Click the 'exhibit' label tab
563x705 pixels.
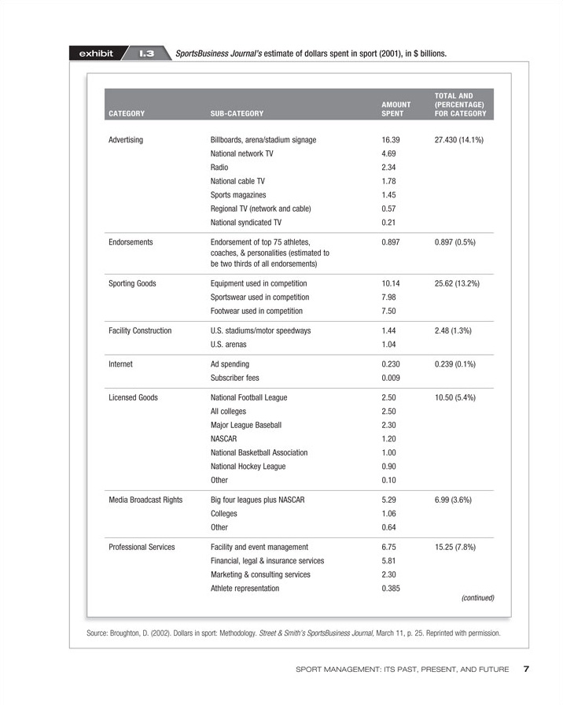[96, 54]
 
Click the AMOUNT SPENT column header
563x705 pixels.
[396, 109]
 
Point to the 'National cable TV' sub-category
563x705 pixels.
[237, 181]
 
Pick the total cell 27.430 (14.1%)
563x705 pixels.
[458, 139]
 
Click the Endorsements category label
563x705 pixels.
[130, 242]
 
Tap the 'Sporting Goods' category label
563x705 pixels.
[131, 283]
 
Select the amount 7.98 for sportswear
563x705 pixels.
[389, 297]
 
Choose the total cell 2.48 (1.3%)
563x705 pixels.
[452, 331]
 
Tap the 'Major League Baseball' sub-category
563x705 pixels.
[245, 425]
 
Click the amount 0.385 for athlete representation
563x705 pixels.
[393, 589]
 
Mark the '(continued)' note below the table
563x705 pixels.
[477, 598]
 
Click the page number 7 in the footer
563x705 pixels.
[527, 670]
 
